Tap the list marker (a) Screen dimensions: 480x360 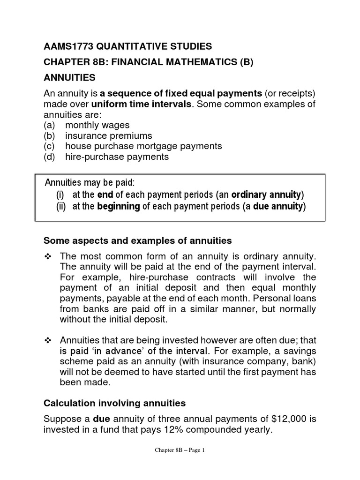50,125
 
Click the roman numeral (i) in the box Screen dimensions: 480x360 61,195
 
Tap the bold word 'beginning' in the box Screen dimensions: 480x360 118,206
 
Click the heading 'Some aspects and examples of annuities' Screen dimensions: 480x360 137,240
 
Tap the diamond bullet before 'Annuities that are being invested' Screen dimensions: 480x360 46,339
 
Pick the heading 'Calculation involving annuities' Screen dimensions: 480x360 114,403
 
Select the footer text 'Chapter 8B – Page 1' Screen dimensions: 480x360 180,463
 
